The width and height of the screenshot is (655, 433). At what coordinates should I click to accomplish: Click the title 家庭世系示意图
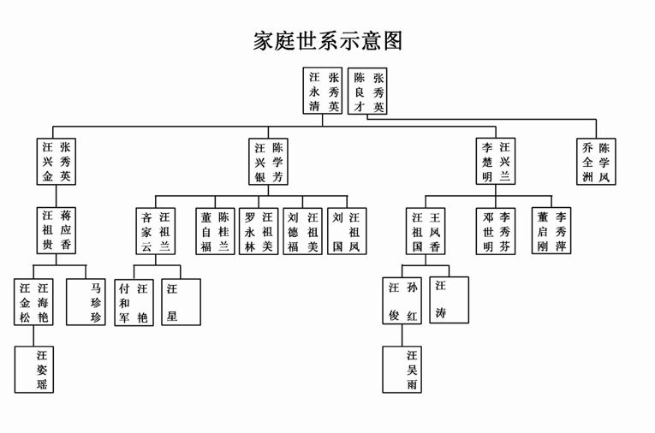point(328,41)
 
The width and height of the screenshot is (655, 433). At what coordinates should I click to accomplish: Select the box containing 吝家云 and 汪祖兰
point(156,231)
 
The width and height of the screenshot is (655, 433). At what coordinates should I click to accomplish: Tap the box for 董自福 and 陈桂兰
point(214,231)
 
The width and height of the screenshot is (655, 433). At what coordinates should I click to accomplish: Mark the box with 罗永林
point(259,231)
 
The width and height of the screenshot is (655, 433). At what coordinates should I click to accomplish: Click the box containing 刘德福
point(303,231)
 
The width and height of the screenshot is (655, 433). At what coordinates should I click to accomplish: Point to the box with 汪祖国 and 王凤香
point(426,231)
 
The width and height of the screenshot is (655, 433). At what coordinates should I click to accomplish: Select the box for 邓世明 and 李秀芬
point(497,231)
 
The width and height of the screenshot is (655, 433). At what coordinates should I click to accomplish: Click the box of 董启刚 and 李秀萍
point(551,231)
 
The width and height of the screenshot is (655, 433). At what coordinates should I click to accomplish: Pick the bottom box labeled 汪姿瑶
point(34,369)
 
